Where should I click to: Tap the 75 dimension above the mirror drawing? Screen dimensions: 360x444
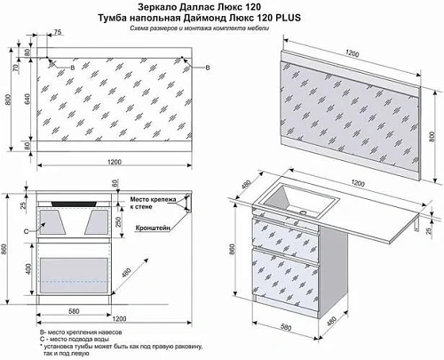pyautogui.click(x=58, y=32)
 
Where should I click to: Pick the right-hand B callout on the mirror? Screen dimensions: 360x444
pyautogui.click(x=208, y=68)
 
